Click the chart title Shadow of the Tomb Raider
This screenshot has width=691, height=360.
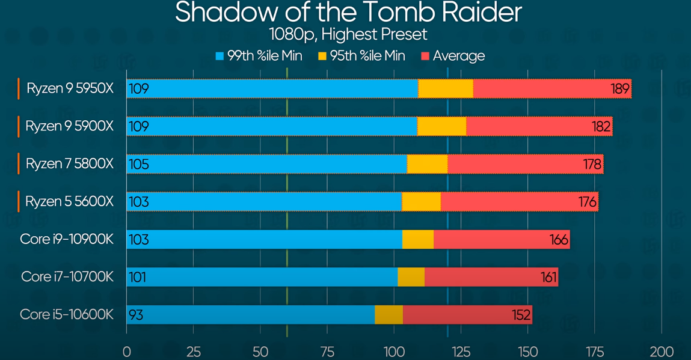[348, 13]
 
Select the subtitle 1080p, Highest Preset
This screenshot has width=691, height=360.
[348, 34]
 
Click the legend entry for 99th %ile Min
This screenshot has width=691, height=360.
[259, 56]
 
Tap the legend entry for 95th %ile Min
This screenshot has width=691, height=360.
[361, 56]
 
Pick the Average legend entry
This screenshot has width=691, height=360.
[453, 56]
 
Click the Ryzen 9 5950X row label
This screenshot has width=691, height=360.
[70, 89]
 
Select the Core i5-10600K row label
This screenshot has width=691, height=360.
[67, 314]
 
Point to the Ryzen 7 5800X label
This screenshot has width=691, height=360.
[70, 164]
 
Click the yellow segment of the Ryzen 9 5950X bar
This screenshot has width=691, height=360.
[446, 89]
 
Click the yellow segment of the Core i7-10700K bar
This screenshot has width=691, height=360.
[411, 277]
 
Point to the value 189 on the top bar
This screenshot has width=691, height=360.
[619, 89]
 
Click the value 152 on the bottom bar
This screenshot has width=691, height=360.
[521, 315]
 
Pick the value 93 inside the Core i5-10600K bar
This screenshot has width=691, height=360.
[136, 315]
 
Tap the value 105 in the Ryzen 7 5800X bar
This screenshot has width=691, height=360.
[138, 164]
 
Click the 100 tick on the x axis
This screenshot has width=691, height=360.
[394, 351]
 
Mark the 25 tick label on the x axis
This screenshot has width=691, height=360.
[194, 351]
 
